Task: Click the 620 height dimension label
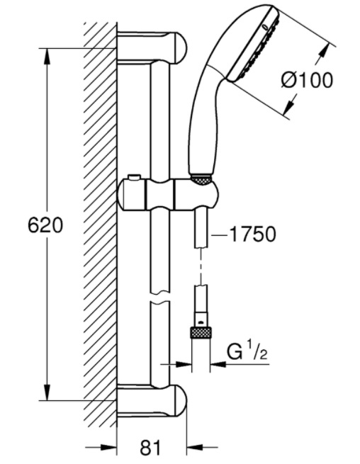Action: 45,225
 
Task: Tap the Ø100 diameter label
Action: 307,80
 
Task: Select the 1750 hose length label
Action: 252,234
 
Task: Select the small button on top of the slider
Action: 134,177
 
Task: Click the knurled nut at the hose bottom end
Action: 201,332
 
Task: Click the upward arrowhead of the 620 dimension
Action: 47,56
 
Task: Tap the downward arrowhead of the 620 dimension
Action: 47,392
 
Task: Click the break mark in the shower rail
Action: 160,298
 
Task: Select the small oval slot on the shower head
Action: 266,27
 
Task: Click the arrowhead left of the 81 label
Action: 108,447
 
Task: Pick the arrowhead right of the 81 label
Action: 195,447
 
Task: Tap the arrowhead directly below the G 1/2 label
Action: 218,363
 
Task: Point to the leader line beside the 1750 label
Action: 220,235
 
